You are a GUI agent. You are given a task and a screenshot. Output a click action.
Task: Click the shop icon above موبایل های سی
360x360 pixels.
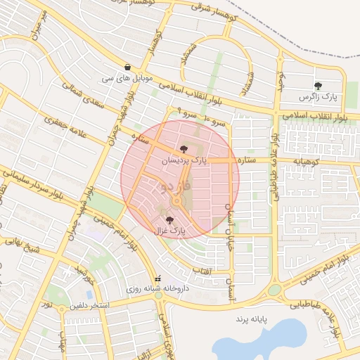pyautogui.click(x=127, y=66)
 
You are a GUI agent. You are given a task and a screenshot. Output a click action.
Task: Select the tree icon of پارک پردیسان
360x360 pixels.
pyautogui.click(x=184, y=149)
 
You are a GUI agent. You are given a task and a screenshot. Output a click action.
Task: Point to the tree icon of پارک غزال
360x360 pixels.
pyautogui.click(x=167, y=219)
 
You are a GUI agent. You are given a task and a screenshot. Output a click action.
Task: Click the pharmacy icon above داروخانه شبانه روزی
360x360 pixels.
pyautogui.click(x=158, y=278)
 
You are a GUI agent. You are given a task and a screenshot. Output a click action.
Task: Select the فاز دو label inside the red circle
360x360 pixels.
pyautogui.click(x=174, y=187)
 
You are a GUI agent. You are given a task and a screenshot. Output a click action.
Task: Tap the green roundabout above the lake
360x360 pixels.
pyautogui.click(x=274, y=290)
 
